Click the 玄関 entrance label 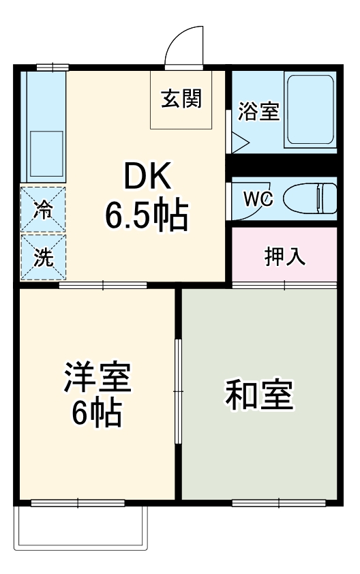point(181,100)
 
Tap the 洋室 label point(97,378)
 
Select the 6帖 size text point(97,413)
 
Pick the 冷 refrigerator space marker point(43,210)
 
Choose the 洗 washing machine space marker point(43,257)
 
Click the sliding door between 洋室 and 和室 point(178,391)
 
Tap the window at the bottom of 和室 point(278,503)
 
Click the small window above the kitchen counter point(52,67)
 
